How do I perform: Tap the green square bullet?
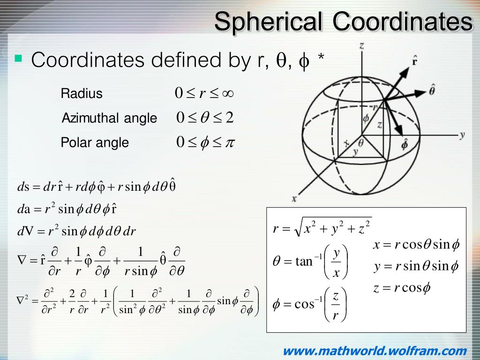[x=19, y=59]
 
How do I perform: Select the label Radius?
[x=82, y=93]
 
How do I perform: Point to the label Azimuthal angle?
[x=109, y=118]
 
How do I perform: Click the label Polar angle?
[x=95, y=142]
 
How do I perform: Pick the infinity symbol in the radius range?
[x=226, y=93]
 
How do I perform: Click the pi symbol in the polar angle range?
[x=228, y=142]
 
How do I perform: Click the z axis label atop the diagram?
[x=361, y=45]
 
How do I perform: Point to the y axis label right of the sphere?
[x=462, y=135]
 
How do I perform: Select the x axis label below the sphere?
[x=294, y=199]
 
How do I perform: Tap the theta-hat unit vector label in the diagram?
[x=432, y=90]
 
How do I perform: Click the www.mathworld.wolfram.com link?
[x=375, y=351]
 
